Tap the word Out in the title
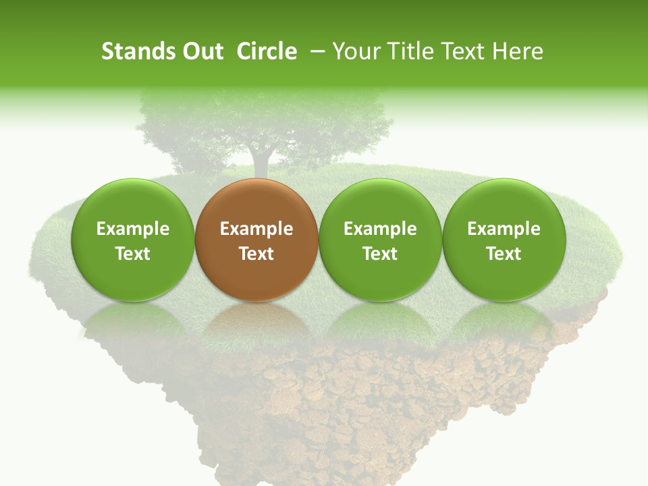point(200,51)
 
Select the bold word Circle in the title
point(267,51)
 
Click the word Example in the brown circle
point(256,229)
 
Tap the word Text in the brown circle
point(256,254)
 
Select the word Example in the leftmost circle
point(132,229)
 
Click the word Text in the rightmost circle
point(504,254)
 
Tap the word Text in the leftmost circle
point(132,254)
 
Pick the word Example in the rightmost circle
point(504,229)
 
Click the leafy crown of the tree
point(263,118)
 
